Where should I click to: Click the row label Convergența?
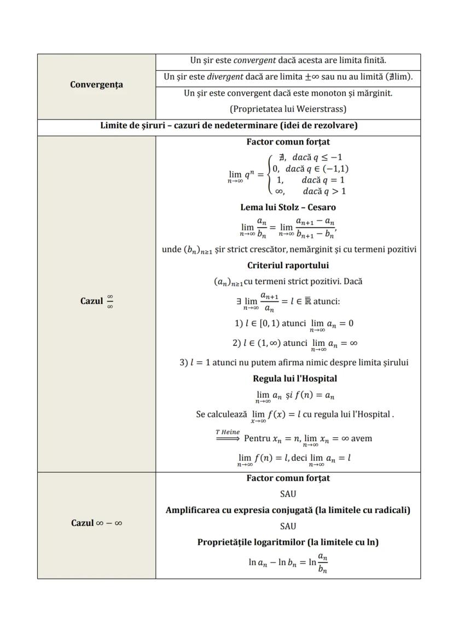coord(96,85)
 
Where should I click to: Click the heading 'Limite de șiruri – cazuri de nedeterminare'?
coord(229,125)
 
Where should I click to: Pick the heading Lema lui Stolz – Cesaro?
coord(288,207)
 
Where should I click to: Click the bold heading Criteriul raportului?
coord(288,265)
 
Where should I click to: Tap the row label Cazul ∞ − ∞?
coord(96,523)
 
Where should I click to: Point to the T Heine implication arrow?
coord(228,438)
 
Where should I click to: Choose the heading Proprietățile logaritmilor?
coord(288,542)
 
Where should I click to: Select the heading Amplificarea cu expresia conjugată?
coord(288,510)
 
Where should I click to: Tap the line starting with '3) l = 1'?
coord(294,362)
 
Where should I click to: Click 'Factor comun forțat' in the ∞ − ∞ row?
coord(288,478)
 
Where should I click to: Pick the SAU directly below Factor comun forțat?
coord(288,494)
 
